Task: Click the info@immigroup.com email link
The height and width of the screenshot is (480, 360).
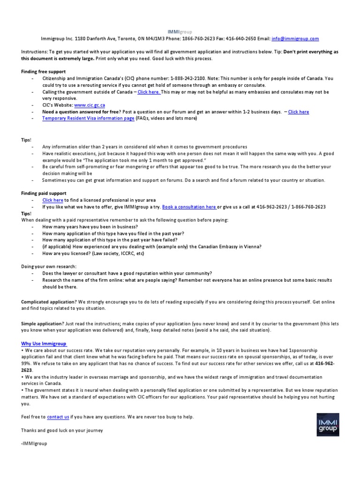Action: pos(295,39)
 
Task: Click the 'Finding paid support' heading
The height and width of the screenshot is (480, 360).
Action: pos(44,193)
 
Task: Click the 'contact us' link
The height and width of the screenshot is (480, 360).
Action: pos(58,417)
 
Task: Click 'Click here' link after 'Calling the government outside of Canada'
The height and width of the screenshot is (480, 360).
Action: pos(149,92)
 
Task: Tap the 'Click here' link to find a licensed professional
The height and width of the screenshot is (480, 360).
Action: pos(52,200)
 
